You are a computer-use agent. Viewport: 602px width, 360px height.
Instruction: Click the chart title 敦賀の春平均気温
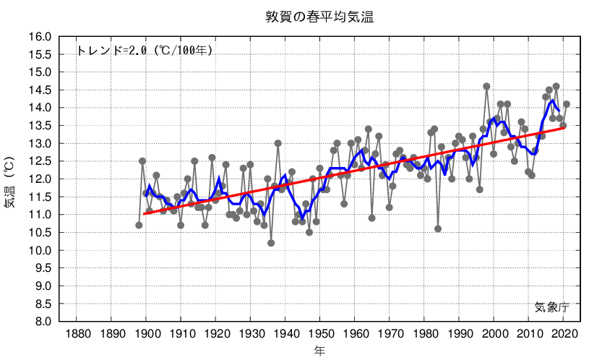click(x=319, y=17)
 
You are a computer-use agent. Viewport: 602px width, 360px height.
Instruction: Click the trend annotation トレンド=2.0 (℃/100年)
click(x=145, y=51)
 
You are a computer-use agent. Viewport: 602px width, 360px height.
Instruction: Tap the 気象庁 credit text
click(x=552, y=307)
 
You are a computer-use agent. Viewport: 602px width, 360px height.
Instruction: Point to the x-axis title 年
click(x=319, y=351)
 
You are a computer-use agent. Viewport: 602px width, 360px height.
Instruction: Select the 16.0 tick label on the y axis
click(x=39, y=37)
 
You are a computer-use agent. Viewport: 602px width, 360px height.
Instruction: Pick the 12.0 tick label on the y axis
click(x=39, y=179)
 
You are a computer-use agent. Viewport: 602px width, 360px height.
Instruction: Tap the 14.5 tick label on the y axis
click(x=39, y=90)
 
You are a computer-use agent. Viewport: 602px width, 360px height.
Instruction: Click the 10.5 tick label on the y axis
click(x=39, y=233)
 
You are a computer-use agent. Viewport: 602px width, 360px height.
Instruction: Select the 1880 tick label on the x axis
click(x=77, y=334)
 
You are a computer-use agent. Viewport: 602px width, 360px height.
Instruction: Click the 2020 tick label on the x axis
click(x=564, y=334)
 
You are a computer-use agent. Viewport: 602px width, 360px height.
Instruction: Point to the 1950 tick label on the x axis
click(x=320, y=334)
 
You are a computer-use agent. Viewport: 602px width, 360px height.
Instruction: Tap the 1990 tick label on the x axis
click(x=460, y=334)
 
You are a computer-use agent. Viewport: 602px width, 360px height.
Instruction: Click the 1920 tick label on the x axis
click(x=215, y=334)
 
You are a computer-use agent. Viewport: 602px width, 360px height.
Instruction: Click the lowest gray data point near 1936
click(x=271, y=243)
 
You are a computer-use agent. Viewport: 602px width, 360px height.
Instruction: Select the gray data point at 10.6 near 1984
click(x=438, y=228)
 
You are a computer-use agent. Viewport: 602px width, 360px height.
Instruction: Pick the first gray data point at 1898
click(x=139, y=225)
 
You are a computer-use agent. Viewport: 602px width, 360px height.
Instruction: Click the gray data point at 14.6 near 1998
click(x=486, y=87)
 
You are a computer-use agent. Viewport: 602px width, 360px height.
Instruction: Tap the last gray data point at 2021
click(x=567, y=104)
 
